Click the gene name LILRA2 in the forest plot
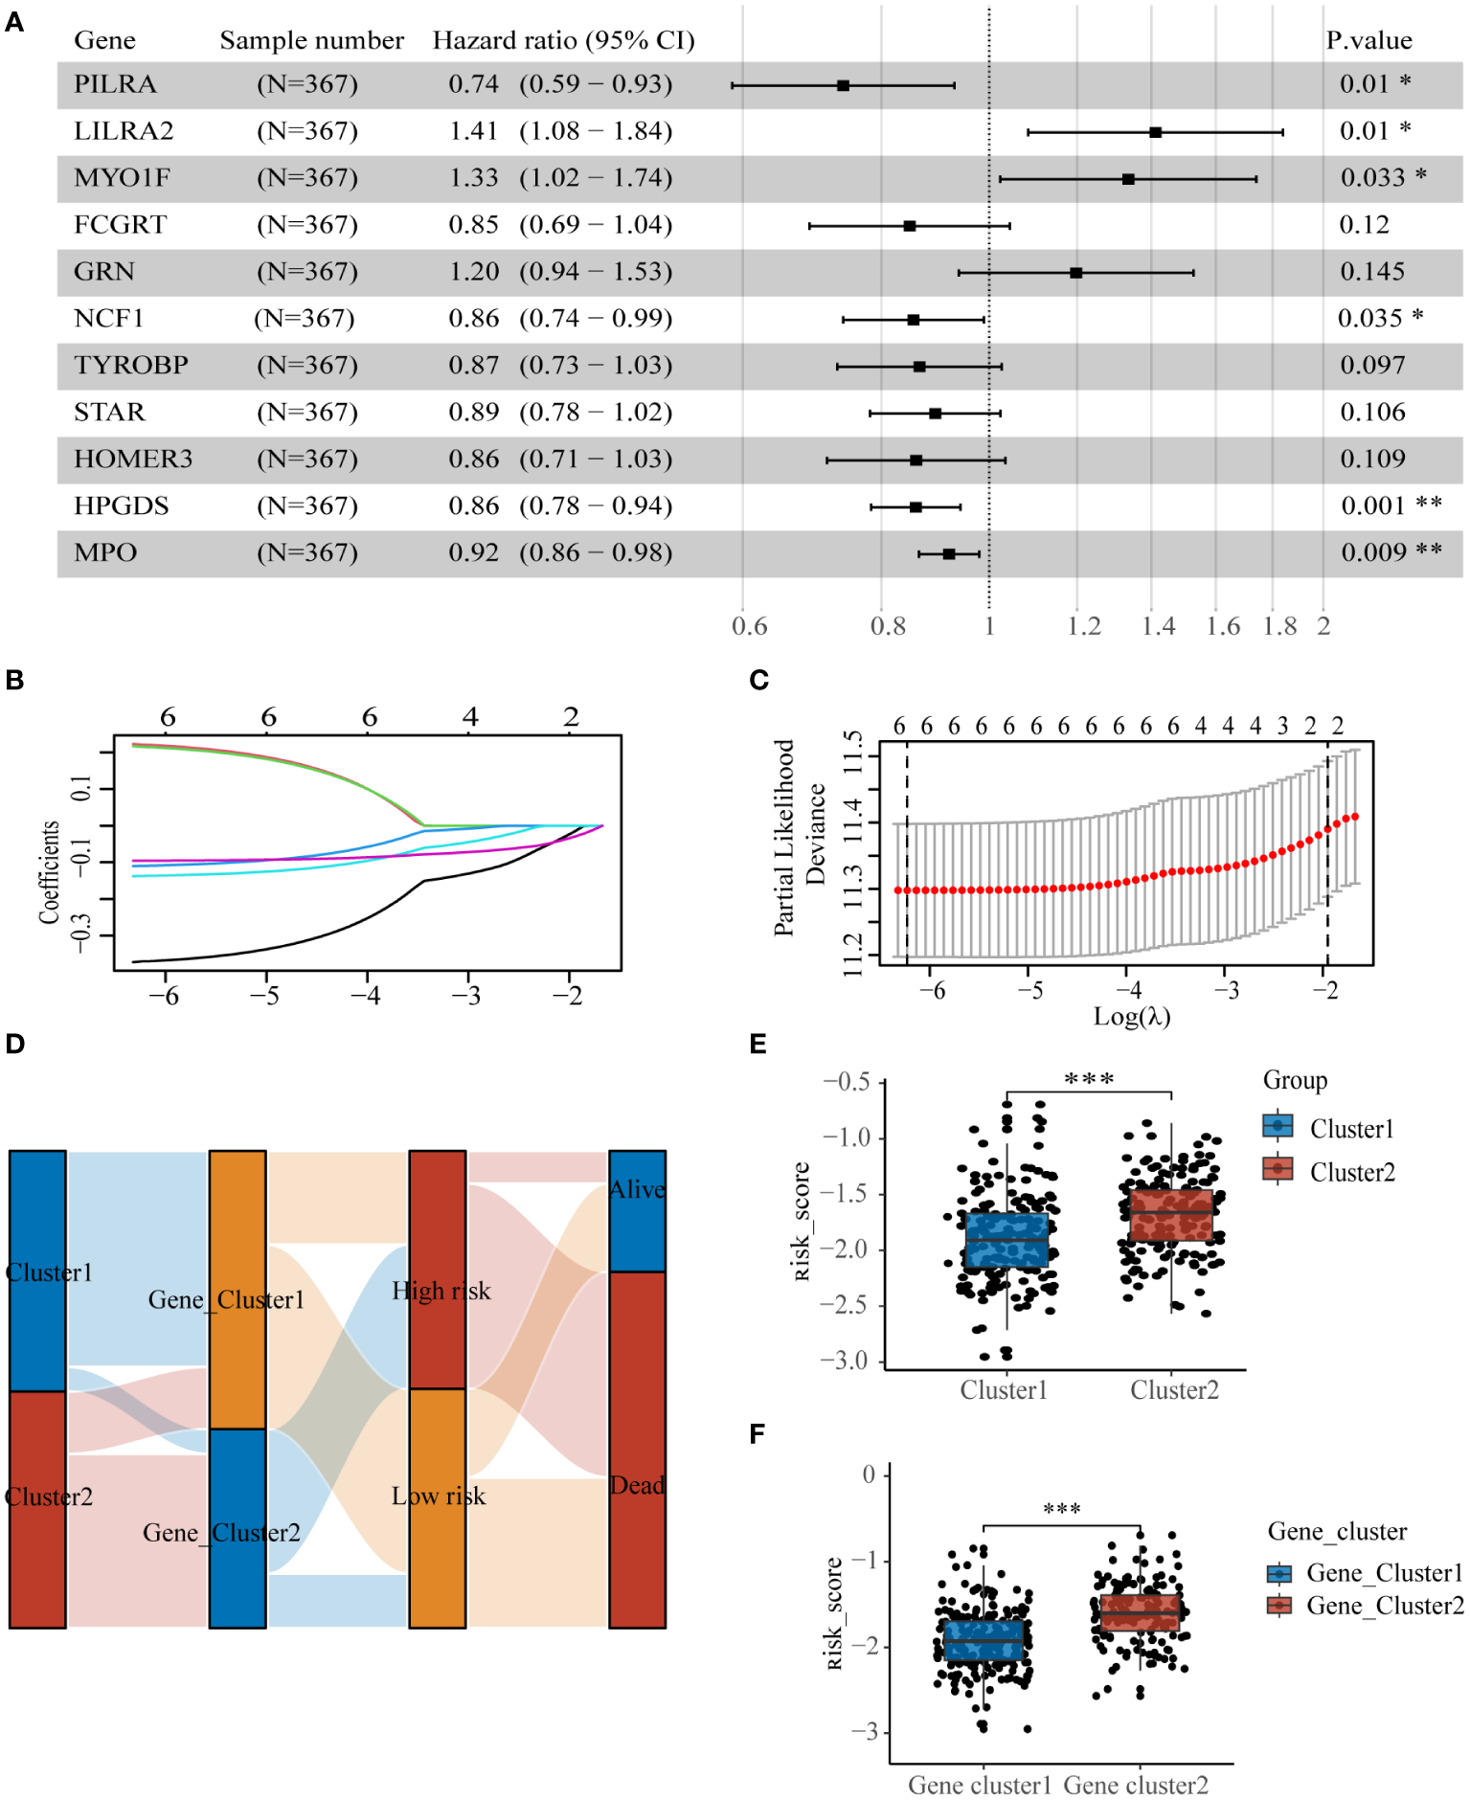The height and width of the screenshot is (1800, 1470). (124, 131)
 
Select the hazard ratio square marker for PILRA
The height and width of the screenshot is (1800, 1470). (843, 85)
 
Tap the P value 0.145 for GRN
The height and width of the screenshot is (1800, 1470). (1372, 272)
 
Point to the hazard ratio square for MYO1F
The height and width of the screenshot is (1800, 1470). (1128, 179)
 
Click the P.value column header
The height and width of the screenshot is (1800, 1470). (1368, 40)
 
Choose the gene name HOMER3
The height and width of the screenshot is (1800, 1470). (133, 460)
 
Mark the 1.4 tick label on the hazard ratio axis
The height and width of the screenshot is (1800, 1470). (1158, 626)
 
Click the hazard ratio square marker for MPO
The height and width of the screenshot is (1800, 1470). (948, 553)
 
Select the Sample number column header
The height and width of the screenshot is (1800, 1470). (311, 40)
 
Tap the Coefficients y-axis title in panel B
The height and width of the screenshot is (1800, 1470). (49, 871)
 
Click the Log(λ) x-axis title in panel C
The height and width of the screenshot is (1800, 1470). (1131, 1016)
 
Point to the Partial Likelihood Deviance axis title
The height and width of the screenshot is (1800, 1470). (800, 838)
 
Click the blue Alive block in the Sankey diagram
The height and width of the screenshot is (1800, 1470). (637, 1211)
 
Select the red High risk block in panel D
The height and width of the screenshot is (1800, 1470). (438, 1269)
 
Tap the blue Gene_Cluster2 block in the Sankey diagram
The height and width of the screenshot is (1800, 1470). (237, 1527)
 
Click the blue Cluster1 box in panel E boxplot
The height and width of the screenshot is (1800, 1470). (1006, 1240)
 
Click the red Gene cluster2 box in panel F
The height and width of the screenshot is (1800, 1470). (1140, 1613)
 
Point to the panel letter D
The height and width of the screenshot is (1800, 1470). (14, 1044)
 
